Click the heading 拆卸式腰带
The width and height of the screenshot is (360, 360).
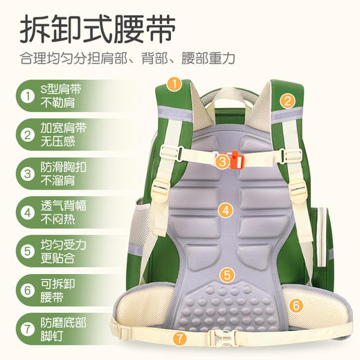96,29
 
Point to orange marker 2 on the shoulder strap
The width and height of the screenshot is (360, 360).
287,101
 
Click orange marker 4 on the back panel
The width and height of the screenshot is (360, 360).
226,210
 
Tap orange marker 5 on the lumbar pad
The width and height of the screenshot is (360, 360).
226,274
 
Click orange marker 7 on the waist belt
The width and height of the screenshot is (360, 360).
179,339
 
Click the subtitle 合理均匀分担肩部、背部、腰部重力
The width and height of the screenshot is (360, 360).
127,58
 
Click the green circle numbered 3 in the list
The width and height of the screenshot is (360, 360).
26,174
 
